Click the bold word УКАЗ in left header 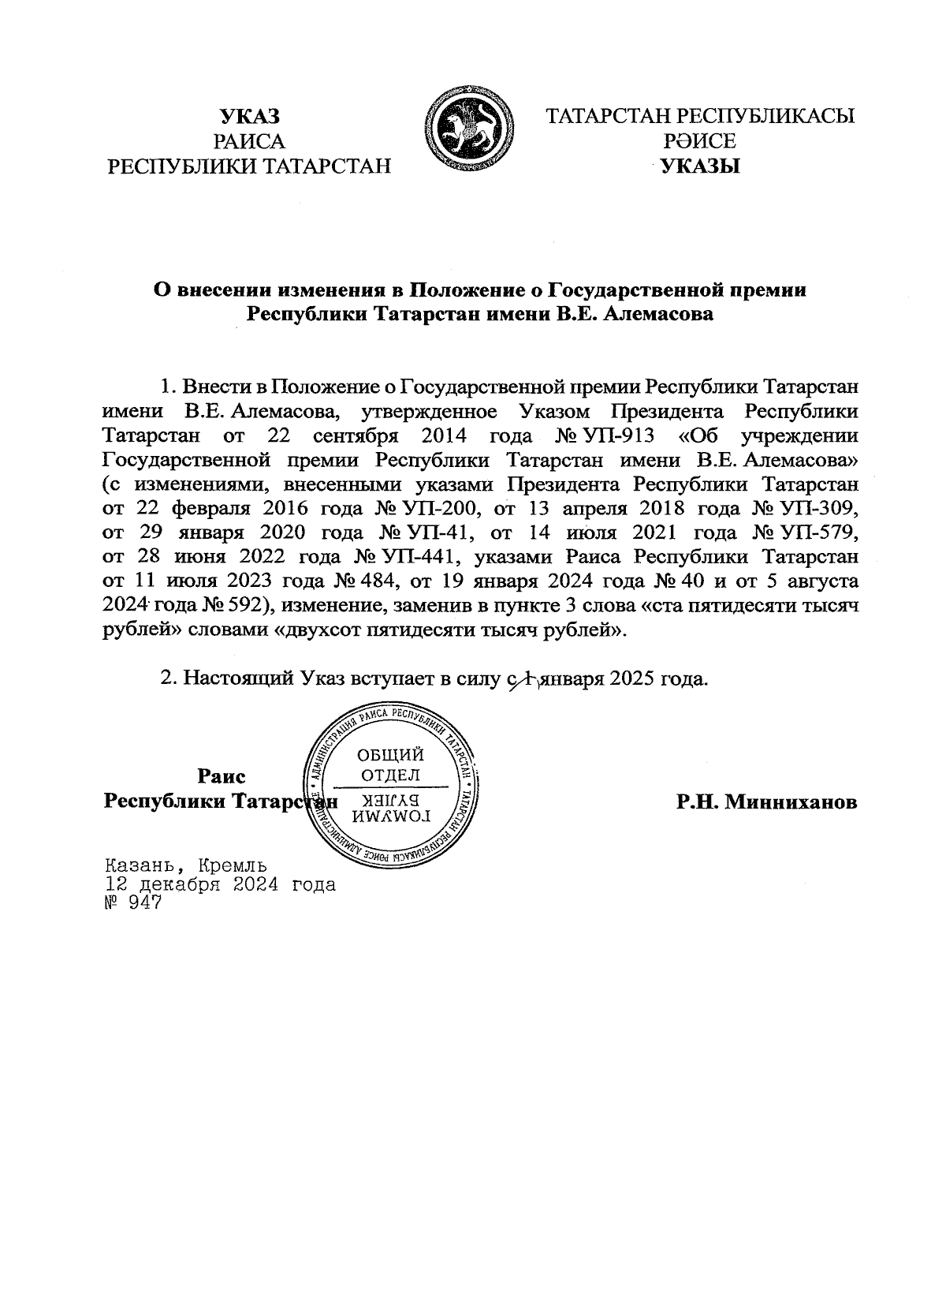tap(249, 118)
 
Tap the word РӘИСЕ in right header tap(700, 141)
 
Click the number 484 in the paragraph tap(363, 581)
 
